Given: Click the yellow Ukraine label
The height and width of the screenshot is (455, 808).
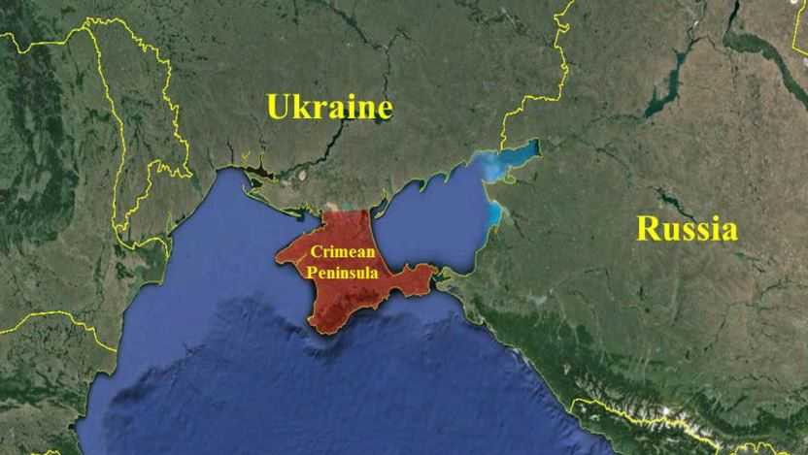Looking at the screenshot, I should [329, 107].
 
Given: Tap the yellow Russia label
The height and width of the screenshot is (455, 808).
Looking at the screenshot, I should [687, 229].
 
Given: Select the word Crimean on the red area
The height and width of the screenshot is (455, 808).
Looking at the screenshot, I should [339, 250].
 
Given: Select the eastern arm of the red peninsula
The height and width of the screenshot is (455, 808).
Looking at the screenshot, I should [413, 278].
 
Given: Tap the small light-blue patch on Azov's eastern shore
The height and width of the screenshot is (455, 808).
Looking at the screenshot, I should [495, 212].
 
